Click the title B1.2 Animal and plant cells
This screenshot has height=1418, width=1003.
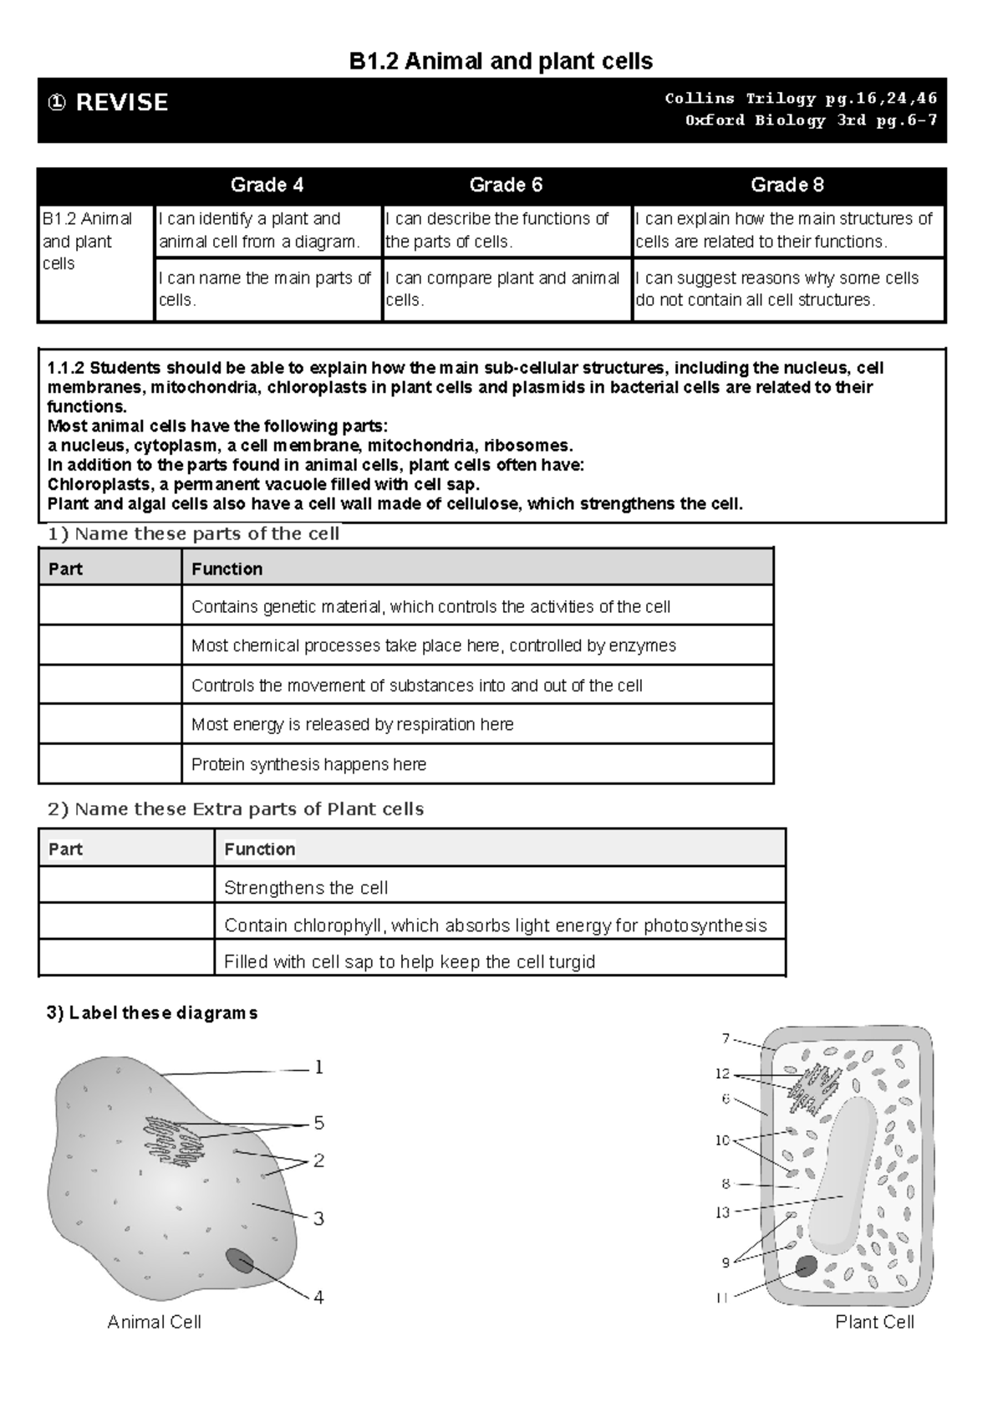[x=501, y=61]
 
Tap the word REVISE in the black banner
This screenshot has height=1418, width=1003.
[x=121, y=102]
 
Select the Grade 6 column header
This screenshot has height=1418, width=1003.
[x=506, y=185]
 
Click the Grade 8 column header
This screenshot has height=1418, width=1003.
[x=787, y=185]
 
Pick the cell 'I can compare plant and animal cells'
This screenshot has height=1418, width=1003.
[x=502, y=288]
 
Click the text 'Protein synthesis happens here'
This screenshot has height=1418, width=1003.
[x=308, y=764]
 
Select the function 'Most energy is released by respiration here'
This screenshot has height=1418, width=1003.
[x=352, y=724]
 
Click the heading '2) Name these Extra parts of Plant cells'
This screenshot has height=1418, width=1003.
[x=236, y=808]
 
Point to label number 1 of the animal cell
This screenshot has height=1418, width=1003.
[x=318, y=1067]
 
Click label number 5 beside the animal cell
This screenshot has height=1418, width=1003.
[x=318, y=1123]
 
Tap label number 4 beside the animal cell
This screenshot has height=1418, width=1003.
[x=318, y=1298]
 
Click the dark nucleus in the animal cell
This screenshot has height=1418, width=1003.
[x=240, y=1261]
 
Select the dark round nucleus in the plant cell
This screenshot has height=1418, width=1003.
[x=806, y=1266]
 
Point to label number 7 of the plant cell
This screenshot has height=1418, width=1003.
[x=726, y=1038]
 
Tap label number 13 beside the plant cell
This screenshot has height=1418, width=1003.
[x=722, y=1212]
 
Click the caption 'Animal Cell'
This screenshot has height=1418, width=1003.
[x=154, y=1322]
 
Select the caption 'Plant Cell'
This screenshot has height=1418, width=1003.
[x=874, y=1322]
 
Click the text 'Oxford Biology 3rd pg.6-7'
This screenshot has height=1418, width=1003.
[x=811, y=120]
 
